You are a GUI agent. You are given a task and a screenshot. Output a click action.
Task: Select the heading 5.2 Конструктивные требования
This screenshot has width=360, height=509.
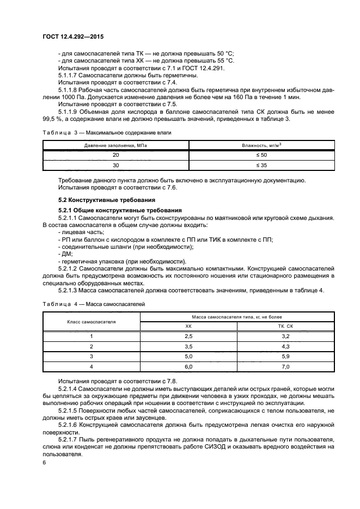(95, 200)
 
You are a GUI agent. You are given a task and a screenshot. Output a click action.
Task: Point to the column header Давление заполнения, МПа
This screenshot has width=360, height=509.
(115, 145)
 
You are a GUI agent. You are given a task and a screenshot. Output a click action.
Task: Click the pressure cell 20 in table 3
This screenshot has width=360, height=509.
(115, 155)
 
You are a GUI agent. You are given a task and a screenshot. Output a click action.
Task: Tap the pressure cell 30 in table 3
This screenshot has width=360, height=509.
(115, 165)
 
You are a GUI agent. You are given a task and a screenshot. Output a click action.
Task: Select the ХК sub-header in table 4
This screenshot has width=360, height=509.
(189, 326)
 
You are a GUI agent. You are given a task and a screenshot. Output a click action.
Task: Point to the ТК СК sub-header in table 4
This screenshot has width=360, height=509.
(285, 326)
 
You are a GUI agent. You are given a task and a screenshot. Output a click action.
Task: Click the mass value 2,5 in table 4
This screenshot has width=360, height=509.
(189, 336)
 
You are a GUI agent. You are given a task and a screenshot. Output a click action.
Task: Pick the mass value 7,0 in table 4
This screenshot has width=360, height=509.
(285, 367)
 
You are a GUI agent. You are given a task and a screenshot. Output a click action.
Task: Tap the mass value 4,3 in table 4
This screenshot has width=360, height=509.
(285, 347)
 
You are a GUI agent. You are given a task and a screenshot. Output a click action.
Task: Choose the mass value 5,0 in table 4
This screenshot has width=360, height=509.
(189, 357)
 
